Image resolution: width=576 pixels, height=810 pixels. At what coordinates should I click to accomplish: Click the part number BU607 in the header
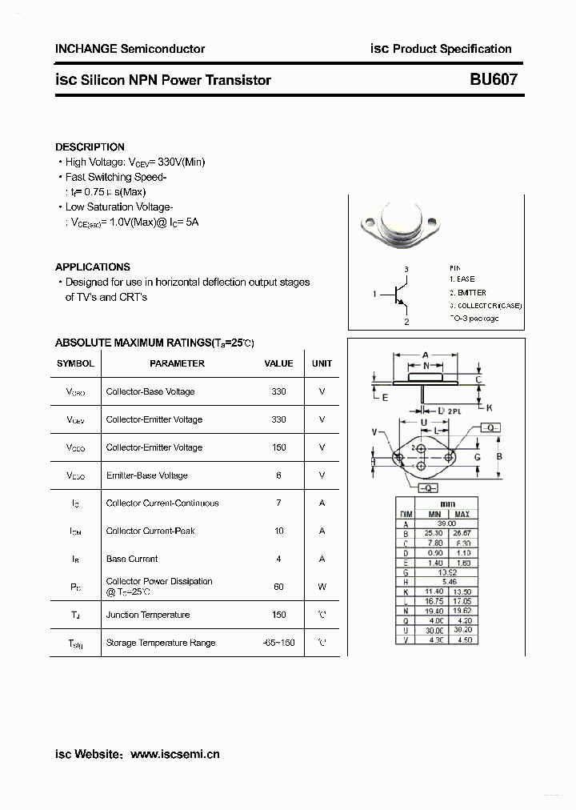point(494,79)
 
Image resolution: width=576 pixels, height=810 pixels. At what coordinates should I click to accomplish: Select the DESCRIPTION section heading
point(90,147)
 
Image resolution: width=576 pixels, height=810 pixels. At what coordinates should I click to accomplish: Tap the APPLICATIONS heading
point(92,267)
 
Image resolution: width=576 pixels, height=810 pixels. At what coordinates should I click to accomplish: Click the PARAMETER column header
point(177,363)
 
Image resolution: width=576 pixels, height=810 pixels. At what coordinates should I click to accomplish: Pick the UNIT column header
point(322,363)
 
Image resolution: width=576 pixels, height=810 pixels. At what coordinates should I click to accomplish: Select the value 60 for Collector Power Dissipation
point(278,587)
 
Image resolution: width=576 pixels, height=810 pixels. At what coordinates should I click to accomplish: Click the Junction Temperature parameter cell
point(148,615)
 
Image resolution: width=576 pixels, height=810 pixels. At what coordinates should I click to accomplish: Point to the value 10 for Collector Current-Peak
point(278,531)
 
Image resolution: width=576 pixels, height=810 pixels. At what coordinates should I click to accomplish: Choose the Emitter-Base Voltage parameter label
point(146,475)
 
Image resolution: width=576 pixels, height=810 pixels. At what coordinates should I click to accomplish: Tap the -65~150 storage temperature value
point(278,643)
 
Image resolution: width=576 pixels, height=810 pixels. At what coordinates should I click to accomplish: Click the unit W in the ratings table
point(322,587)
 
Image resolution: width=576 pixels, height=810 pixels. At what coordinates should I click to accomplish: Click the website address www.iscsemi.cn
point(174,754)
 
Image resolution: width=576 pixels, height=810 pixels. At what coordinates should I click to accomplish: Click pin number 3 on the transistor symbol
point(406,269)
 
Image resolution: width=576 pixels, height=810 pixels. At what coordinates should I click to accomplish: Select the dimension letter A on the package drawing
point(425,355)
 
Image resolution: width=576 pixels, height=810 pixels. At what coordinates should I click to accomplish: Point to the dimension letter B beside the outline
point(499,456)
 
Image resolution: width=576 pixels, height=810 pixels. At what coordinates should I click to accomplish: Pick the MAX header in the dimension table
point(462,514)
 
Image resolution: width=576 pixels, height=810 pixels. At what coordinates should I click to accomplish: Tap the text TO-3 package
point(474,319)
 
